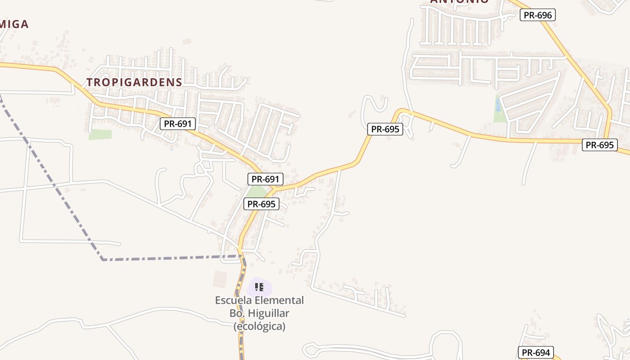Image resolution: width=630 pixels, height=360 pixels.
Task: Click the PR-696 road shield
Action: tap(538, 15)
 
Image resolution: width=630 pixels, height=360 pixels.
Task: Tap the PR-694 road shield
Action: tap(535, 353)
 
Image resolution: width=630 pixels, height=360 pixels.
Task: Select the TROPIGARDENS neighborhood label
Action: tap(134, 82)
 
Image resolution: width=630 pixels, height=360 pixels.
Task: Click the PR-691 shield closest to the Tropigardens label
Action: tap(178, 124)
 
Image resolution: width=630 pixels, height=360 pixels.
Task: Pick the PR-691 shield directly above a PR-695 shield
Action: tap(265, 179)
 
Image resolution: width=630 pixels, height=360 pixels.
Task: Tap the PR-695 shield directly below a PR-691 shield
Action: tap(261, 204)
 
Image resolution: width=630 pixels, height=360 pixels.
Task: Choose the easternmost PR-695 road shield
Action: tap(599, 145)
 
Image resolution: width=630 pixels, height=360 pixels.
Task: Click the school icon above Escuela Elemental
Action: tap(259, 287)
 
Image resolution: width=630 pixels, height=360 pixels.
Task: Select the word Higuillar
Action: tap(268, 313)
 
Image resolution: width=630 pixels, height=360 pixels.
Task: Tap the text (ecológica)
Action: tap(259, 326)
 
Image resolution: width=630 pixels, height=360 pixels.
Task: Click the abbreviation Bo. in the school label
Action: tap(237, 313)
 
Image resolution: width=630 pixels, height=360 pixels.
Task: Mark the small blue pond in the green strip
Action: tap(497, 106)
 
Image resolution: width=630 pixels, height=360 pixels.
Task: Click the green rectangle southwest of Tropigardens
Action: tap(100, 134)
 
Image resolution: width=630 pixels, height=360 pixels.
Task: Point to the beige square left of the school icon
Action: tap(220, 279)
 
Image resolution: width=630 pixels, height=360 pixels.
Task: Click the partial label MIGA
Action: tap(14, 24)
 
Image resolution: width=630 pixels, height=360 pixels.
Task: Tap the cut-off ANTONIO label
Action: tap(459, 2)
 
